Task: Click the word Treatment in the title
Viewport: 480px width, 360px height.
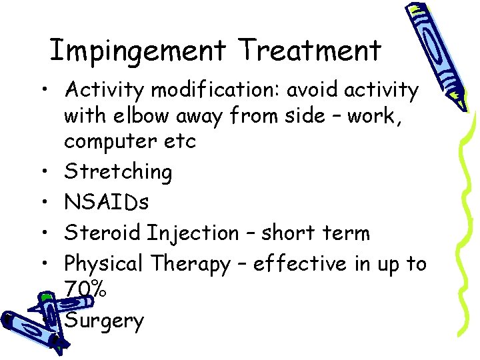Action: point(311,51)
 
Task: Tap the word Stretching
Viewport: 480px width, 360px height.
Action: point(118,173)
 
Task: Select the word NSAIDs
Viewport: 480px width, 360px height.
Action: point(107,203)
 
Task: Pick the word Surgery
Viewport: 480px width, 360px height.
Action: point(104,322)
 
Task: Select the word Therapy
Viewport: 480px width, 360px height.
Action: point(190,265)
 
